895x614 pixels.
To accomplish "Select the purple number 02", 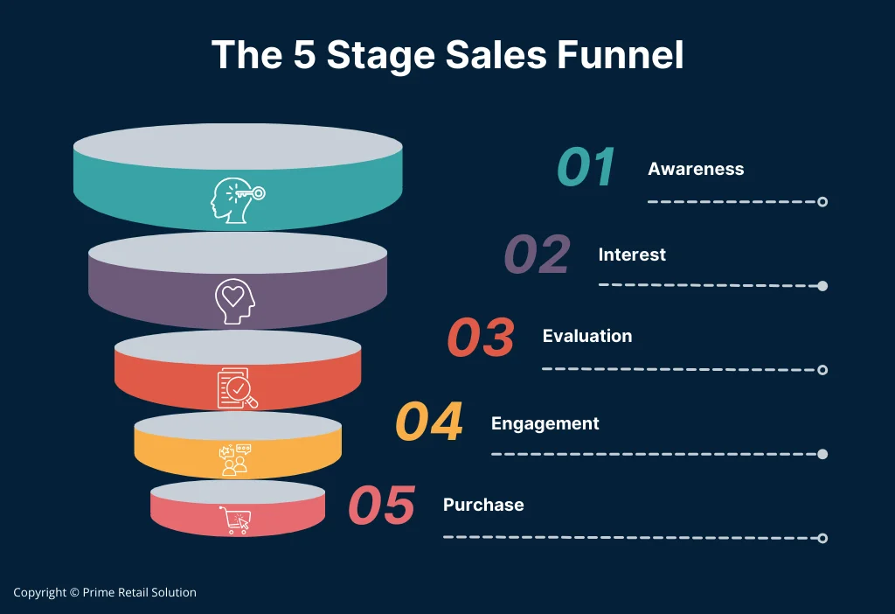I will tap(537, 255).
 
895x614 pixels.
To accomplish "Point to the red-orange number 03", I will tap(481, 338).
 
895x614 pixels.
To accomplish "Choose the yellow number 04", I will tap(428, 422).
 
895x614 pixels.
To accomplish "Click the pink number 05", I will tap(381, 506).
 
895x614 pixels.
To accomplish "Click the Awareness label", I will tap(696, 169).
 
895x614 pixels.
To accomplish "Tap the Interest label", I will tap(632, 255).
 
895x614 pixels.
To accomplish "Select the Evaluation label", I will tap(586, 336).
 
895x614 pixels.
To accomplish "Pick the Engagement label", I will tap(545, 423).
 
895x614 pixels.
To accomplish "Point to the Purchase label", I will tap(483, 505).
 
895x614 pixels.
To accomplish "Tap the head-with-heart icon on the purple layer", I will tap(235, 300).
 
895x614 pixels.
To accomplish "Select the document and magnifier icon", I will tap(237, 387).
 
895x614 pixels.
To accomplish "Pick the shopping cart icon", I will tap(235, 520).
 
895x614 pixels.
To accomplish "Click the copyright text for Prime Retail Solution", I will tap(105, 592).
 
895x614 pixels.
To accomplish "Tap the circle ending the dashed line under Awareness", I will tap(822, 202).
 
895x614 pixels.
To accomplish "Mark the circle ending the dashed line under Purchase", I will tap(822, 537).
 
